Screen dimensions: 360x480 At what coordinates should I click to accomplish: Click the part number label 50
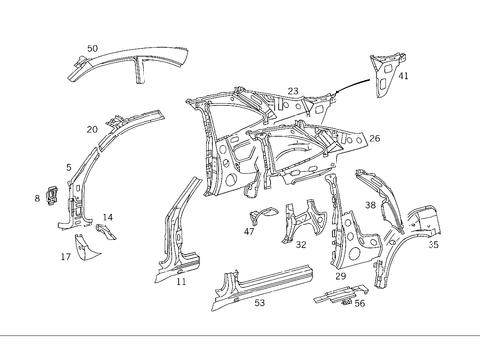(92, 48)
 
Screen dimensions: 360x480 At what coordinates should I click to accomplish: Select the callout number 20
(92, 129)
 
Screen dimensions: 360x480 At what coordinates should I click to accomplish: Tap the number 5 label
(68, 167)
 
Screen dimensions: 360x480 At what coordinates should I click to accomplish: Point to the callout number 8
(37, 199)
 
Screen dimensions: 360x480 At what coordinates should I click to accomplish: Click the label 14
(108, 217)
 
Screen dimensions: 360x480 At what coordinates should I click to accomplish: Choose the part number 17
(65, 257)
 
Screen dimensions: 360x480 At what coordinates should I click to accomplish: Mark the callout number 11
(181, 282)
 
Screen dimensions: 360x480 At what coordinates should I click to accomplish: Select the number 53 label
(260, 302)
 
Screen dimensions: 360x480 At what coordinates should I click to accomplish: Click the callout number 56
(359, 304)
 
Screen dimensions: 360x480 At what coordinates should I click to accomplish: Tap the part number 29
(340, 276)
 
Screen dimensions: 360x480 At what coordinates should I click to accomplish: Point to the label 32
(301, 244)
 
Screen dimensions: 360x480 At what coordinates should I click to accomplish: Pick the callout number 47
(249, 232)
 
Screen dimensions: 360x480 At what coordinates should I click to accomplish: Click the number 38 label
(370, 205)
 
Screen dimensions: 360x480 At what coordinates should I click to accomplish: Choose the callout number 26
(374, 139)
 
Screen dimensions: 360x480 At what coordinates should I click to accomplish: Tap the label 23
(293, 91)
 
